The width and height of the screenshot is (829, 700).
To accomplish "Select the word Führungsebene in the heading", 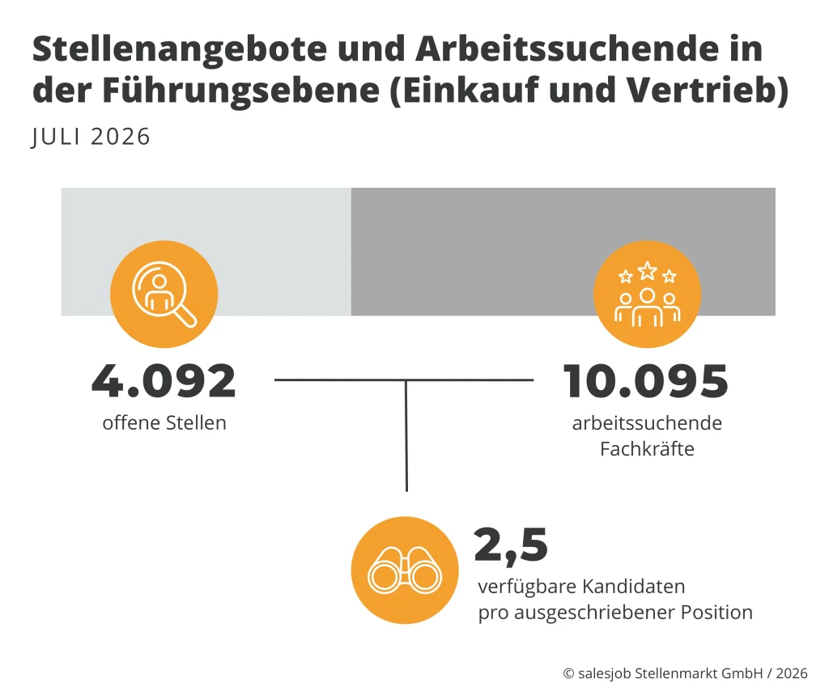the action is (x=240, y=91).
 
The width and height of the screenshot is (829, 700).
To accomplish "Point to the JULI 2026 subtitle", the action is (x=91, y=137).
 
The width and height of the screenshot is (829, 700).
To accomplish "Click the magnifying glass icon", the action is (x=164, y=295).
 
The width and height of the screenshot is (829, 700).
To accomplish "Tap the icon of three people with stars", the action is (x=647, y=295).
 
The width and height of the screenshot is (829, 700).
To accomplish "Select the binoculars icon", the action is (x=405, y=570).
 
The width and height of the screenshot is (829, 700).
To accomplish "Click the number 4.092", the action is (x=164, y=381).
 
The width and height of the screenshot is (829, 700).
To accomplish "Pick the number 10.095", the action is (x=646, y=381).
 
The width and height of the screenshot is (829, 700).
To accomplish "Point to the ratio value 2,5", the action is (x=511, y=545).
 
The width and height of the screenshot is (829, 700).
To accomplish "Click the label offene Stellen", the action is (x=164, y=423).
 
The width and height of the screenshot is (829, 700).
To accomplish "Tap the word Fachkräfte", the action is (x=647, y=449).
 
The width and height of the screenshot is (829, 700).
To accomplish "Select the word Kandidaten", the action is (x=633, y=587).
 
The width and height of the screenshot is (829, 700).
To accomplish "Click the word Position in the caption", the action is (x=716, y=613).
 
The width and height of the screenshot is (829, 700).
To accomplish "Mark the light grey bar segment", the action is (x=206, y=252).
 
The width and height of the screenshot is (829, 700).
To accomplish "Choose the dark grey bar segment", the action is (x=563, y=252).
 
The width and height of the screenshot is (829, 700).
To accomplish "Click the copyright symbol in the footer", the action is (x=568, y=673).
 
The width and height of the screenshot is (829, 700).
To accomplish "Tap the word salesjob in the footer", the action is (x=604, y=673).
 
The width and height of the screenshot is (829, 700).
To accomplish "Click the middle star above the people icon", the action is (x=647, y=270).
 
